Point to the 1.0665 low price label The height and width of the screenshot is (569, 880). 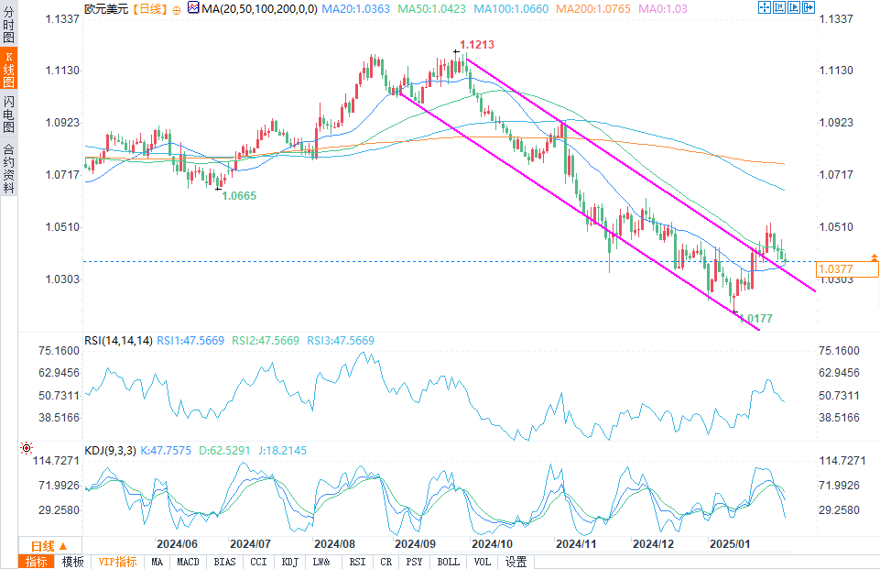[x=240, y=195]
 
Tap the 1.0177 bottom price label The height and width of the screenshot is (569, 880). [x=756, y=319]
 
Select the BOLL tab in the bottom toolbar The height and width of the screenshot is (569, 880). [x=448, y=562]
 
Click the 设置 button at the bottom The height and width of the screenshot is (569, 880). [x=516, y=562]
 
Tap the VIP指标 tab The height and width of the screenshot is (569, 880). [x=117, y=562]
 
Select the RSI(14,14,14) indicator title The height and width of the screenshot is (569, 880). [x=118, y=341]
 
